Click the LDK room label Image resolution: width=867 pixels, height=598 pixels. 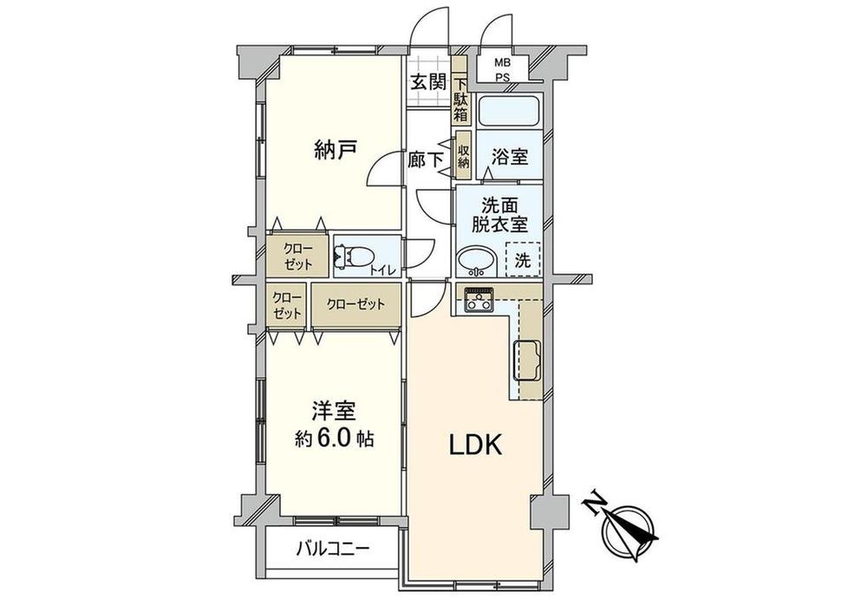(475, 445)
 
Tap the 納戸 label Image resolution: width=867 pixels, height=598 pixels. (335, 150)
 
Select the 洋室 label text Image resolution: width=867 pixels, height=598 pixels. (333, 411)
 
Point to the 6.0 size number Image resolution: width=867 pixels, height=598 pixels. (334, 439)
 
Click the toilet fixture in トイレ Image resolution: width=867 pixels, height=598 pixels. (354, 257)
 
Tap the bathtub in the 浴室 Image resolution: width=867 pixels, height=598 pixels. (508, 111)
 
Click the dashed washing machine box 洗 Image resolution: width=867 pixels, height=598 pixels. (523, 259)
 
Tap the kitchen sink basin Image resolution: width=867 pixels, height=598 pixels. (528, 361)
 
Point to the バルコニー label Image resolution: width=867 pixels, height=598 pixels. (333, 549)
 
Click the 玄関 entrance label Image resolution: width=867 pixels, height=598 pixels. (428, 82)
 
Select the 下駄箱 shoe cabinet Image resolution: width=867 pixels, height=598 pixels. (461, 91)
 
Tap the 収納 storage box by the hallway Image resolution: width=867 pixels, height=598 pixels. (463, 155)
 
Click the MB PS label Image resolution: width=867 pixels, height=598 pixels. (503, 70)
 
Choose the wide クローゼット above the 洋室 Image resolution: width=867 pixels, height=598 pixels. (356, 305)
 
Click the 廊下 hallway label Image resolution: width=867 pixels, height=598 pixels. (425, 160)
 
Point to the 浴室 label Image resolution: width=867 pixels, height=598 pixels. (510, 156)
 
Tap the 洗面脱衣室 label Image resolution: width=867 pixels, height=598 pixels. (499, 215)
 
